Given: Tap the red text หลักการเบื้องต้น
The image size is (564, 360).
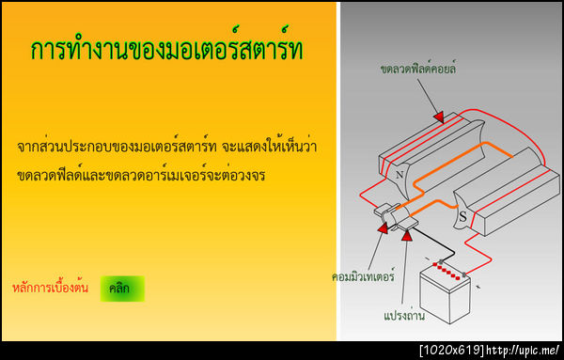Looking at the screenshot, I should point(51,288).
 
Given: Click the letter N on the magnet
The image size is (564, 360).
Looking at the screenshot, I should point(399,175).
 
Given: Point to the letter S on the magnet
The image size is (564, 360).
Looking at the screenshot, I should point(462,217).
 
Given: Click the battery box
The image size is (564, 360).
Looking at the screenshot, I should point(446,294).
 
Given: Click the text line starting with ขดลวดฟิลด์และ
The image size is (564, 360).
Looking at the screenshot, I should point(142,175).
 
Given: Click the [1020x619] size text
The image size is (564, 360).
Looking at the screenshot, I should point(452,351).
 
